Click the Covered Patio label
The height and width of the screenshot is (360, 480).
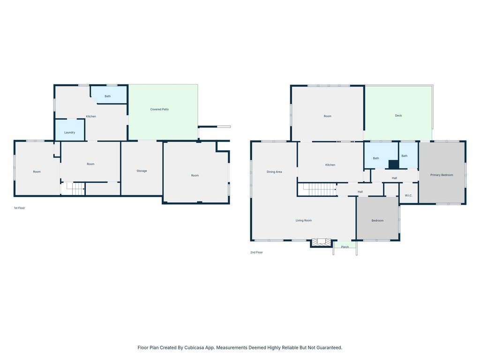tap(159, 109)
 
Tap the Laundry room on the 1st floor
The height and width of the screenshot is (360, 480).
tap(69, 130)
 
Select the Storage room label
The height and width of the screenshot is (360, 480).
tap(142, 171)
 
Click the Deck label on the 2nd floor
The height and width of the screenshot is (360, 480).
tap(398, 115)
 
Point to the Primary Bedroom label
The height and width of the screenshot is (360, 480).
tap(442, 175)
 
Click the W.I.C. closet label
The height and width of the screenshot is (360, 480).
tap(408, 195)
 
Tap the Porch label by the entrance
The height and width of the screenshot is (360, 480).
tap(345, 247)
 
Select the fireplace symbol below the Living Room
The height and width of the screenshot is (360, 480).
tap(321, 242)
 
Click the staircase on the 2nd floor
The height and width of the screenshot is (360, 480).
tap(318, 189)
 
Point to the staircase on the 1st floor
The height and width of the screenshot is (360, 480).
tap(74, 188)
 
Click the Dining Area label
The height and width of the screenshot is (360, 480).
tap(274, 172)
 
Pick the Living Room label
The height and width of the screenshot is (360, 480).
tap(304, 220)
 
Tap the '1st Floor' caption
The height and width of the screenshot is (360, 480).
tap(19, 208)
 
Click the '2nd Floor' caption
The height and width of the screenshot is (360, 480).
tap(256, 252)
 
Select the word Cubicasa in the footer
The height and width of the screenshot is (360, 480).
tap(195, 347)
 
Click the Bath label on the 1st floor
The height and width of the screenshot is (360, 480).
tap(108, 96)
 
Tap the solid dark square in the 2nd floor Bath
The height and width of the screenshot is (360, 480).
tap(394, 165)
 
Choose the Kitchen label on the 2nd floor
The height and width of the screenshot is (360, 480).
tap(330, 165)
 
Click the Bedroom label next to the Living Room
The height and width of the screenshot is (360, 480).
tap(377, 220)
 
